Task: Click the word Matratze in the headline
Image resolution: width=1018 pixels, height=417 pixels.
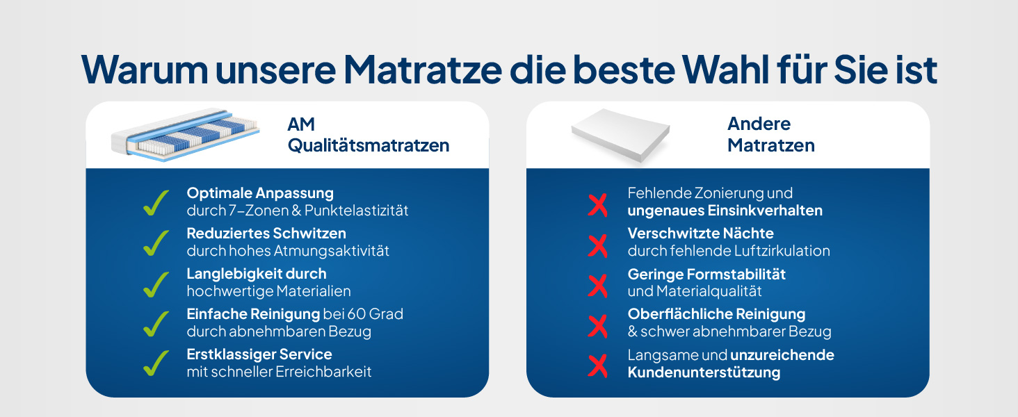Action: click(x=422, y=69)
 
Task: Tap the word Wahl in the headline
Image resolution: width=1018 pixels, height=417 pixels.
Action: click(x=725, y=69)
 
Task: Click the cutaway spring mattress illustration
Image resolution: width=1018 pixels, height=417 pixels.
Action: click(x=186, y=134)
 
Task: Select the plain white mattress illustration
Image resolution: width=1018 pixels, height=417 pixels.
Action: click(x=620, y=136)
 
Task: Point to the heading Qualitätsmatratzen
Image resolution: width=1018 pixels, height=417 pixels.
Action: click(x=369, y=146)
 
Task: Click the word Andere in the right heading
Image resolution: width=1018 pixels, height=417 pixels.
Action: click(x=759, y=124)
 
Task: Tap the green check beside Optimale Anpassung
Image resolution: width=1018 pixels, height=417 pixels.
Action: click(x=156, y=203)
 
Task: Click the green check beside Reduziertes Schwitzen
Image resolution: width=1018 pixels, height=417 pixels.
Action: click(x=156, y=243)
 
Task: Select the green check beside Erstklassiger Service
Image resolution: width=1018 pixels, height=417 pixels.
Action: click(x=156, y=363)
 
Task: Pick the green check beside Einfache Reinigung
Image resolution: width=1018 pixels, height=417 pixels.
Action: click(x=156, y=324)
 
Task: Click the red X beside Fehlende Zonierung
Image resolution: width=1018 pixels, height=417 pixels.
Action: click(x=597, y=205)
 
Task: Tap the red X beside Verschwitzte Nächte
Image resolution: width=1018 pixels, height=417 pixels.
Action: click(x=597, y=246)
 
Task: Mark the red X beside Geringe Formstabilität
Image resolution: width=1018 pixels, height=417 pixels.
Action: click(x=597, y=286)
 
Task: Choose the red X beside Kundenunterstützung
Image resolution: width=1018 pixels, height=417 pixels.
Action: click(x=597, y=366)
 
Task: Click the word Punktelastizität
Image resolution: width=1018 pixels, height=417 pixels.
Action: click(x=356, y=211)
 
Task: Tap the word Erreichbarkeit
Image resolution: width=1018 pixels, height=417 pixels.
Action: click(x=323, y=372)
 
